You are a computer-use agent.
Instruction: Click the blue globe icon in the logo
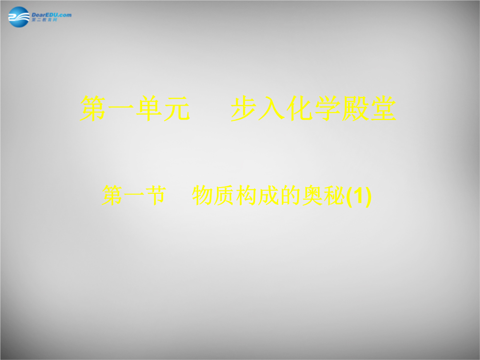tap(19, 17)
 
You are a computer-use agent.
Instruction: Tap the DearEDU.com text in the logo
tap(52, 15)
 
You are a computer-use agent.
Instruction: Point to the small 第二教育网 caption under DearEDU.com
tap(44, 20)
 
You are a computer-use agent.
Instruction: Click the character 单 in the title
tap(149, 108)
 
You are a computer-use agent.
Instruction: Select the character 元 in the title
tap(177, 108)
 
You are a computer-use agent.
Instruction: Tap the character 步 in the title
tap(244, 108)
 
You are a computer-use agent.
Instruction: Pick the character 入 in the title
tap(272, 108)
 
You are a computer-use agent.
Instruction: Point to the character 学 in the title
tap(328, 108)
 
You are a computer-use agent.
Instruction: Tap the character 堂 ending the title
tap(383, 108)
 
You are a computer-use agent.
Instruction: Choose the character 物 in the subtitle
tap(202, 195)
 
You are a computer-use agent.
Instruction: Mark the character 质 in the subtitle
tap(224, 195)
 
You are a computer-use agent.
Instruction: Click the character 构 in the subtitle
tap(246, 195)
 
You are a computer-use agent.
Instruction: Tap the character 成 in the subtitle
tap(268, 195)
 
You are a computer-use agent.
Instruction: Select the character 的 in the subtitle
tap(290, 195)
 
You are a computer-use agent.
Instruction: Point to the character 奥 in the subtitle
tap(312, 195)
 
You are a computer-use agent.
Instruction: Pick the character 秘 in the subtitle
tap(334, 195)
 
